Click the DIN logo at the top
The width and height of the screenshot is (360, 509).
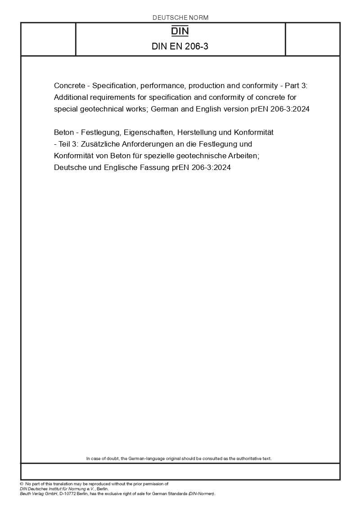[180, 31]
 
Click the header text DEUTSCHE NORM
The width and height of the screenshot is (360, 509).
[180, 18]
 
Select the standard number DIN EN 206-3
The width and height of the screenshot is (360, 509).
[180, 46]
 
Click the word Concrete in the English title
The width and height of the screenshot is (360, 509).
[68, 85]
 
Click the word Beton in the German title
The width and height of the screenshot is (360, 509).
[63, 133]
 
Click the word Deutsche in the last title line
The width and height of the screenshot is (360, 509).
[69, 168]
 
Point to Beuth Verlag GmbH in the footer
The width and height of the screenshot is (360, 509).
[36, 494]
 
